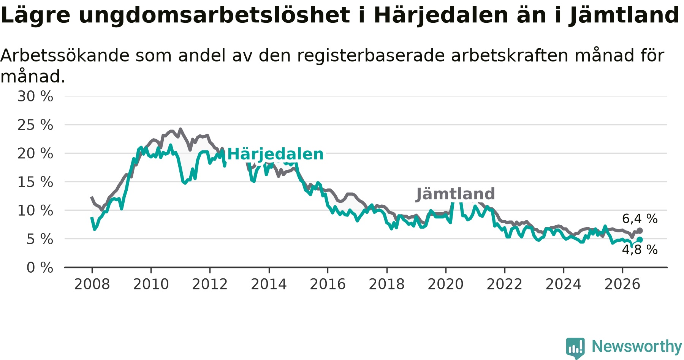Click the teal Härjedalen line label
pos(275,154)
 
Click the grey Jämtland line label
pos(456,194)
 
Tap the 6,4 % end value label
pos(640,219)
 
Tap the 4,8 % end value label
pos(640,249)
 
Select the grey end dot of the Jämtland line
pos(640,231)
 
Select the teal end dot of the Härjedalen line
pos(640,240)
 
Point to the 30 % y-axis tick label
pos(35,96)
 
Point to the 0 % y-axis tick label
pos(40,268)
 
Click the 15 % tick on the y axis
pos(35,182)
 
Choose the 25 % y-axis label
pos(35,125)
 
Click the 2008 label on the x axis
pos(92,284)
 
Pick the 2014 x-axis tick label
pos(269,284)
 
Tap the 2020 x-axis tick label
pos(446,284)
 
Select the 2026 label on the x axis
pos(622,284)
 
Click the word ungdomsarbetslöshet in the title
pos(214,16)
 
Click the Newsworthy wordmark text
pos(637,346)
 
